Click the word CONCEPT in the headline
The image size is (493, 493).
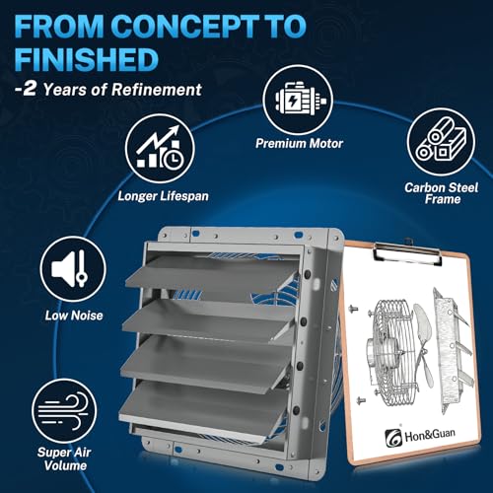point(186,26)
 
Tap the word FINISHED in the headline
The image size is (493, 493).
point(87,59)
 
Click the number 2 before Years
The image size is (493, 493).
point(29,89)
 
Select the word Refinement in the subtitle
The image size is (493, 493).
point(157,90)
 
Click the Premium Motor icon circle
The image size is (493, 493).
point(298,100)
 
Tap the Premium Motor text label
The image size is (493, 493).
point(300,143)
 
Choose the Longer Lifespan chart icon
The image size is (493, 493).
point(160,149)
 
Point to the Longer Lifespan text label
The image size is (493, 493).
point(164,196)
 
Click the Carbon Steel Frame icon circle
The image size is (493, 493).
point(441,142)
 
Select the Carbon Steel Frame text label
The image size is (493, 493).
point(442,193)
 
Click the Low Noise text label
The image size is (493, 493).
point(74,316)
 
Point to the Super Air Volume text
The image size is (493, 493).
point(64,458)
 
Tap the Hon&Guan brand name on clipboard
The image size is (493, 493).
point(430,436)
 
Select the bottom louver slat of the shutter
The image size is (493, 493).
point(200,409)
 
